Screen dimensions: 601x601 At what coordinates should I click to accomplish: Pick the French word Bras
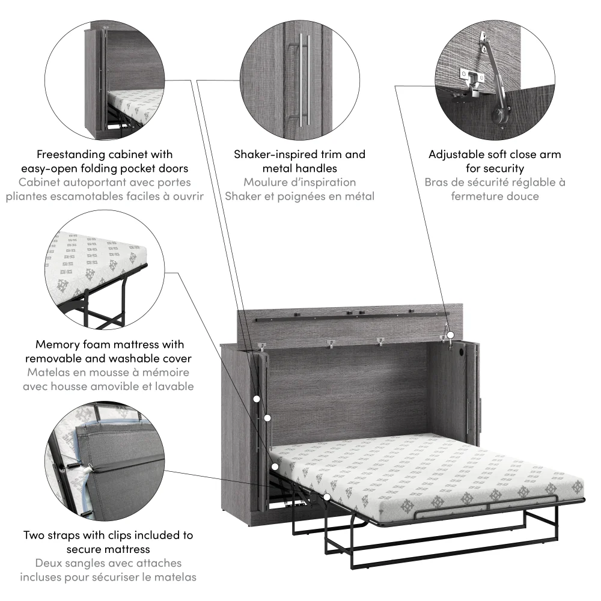point(437,182)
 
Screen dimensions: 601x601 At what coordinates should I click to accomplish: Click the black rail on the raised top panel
point(349,314)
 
